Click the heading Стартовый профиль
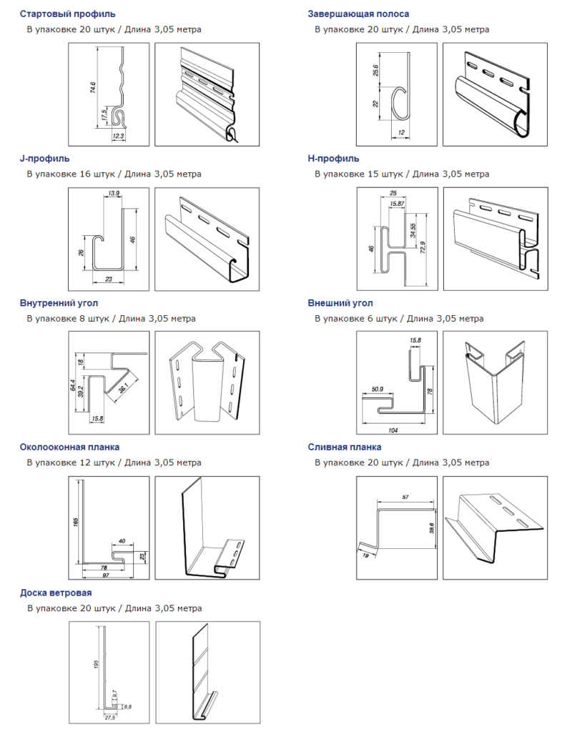[67, 14]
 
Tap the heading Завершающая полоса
[358, 14]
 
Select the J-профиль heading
[44, 159]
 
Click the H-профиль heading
[333, 159]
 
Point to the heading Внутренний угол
[59, 303]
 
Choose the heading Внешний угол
[340, 303]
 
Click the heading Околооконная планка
[69, 447]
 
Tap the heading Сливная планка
[344, 447]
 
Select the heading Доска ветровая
[56, 593]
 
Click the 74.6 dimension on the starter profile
[92, 87]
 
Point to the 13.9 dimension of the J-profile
[114, 193]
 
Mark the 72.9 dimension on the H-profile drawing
[423, 247]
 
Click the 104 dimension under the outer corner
[393, 430]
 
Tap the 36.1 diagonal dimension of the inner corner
[123, 387]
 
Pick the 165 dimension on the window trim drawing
[76, 521]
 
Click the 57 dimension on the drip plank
[405, 498]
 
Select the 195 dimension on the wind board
[96, 664]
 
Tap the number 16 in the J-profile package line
[85, 174]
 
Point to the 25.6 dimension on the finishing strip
[376, 70]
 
